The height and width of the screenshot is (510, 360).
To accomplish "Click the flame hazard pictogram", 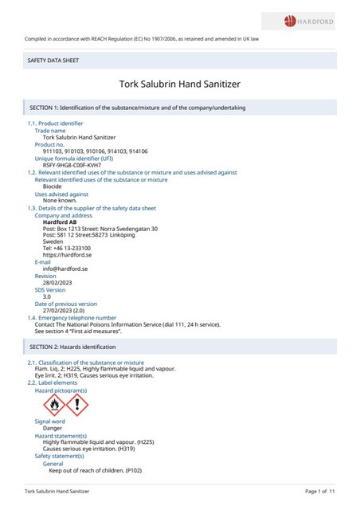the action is tap(54, 406).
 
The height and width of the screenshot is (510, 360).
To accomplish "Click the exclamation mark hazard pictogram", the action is tap(77, 406).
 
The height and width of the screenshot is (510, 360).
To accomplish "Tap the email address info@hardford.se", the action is tap(65, 269).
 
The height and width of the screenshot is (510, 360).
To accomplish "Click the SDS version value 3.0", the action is tap(47, 296).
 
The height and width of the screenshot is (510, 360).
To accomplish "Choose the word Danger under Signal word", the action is tap(53, 428).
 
